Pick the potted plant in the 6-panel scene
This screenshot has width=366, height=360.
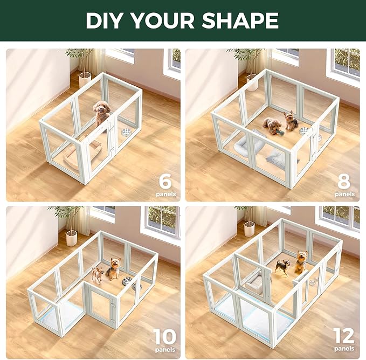coord(84,67)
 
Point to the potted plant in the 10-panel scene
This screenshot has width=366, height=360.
coord(71,226)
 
